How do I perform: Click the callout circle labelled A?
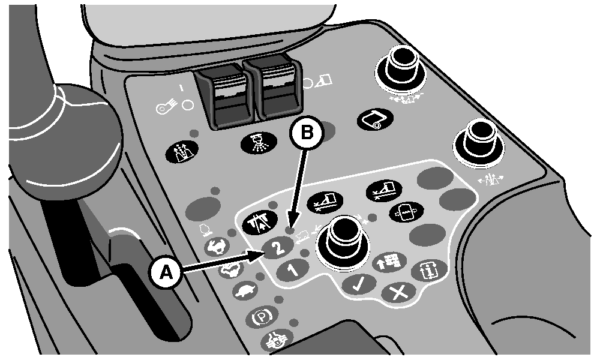(x=166, y=272)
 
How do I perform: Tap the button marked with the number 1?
(x=293, y=270)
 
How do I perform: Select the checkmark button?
(x=359, y=284)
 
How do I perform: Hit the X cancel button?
(x=398, y=293)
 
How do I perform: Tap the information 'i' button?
(x=429, y=271)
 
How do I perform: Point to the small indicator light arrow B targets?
(x=290, y=230)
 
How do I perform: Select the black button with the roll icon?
(x=376, y=119)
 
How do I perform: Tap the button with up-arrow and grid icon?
(x=389, y=262)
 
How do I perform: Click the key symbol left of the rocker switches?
(x=166, y=107)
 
